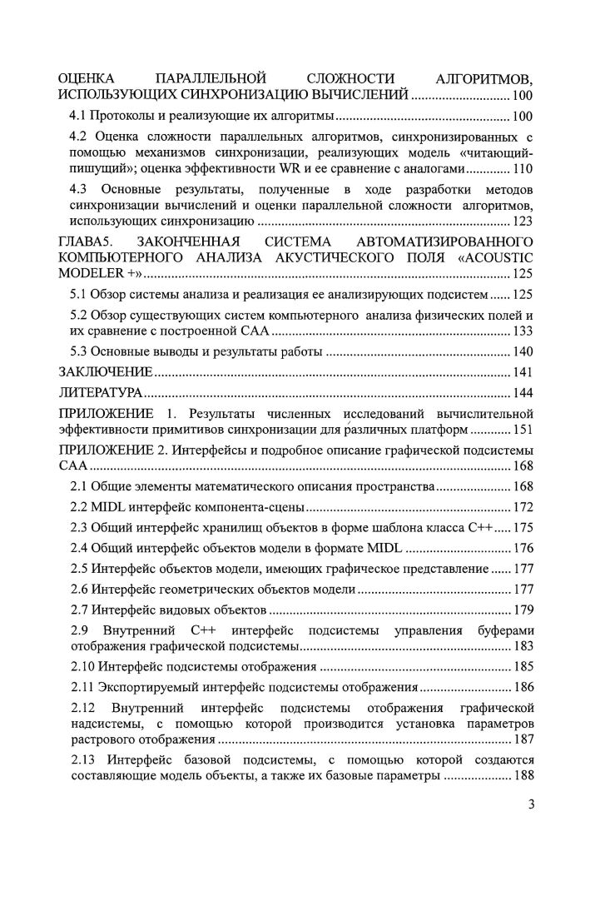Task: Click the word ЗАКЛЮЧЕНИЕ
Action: pos(105,371)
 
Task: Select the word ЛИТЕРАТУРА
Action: pos(102,392)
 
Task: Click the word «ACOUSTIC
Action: pos(498,257)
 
